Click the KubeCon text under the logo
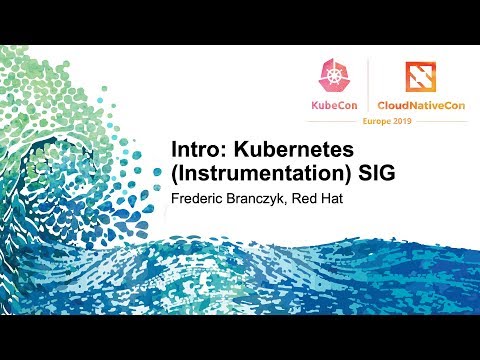[335, 104]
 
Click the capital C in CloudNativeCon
[383, 104]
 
